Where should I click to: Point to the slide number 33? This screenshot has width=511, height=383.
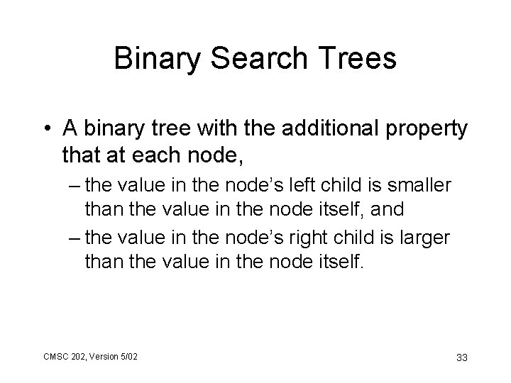(461, 357)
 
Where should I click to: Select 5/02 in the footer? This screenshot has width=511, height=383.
(129, 355)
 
